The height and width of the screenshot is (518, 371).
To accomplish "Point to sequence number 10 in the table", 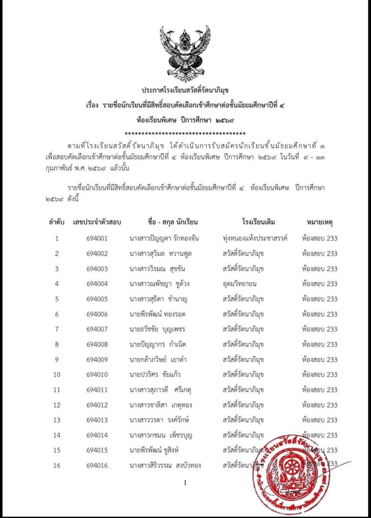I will point(57,375).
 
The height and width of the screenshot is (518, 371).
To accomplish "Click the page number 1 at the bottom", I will point(185,483).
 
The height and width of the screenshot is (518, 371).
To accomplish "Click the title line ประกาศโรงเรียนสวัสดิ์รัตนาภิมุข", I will point(185,91).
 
